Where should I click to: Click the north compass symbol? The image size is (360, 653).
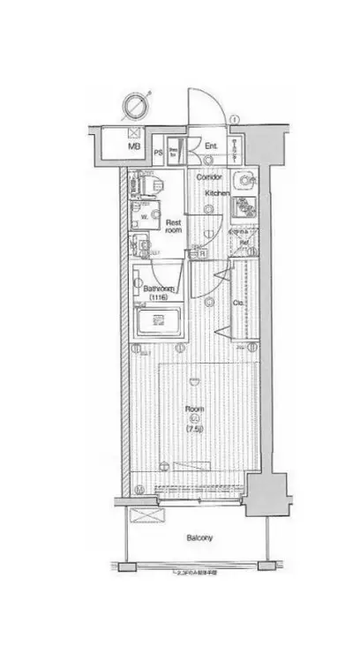[x=136, y=105]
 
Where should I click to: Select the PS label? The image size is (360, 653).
[x=158, y=150]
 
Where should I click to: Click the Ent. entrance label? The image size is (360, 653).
[x=212, y=146]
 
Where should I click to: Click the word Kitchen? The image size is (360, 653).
[x=218, y=192]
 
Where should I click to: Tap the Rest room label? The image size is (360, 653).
[x=173, y=228]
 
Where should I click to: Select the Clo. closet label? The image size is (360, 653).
[x=237, y=303]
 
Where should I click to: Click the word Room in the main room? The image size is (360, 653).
[x=194, y=409]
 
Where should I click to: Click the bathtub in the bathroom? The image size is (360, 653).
[x=159, y=320]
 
